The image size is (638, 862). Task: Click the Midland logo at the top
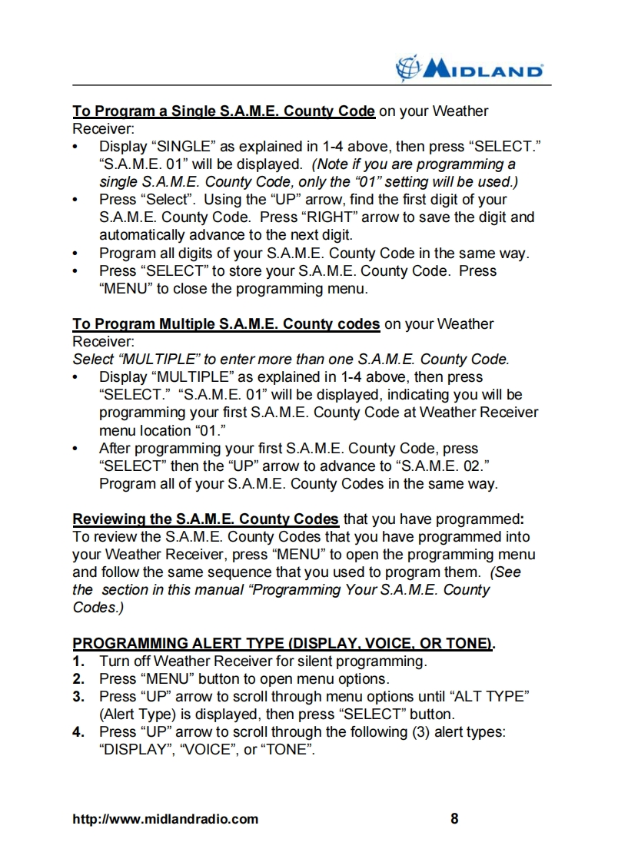[469, 70]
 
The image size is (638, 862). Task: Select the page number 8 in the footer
[454, 818]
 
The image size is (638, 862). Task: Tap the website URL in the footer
[165, 819]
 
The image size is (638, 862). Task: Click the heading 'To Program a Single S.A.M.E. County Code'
[224, 111]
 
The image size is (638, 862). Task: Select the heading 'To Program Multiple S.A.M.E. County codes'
[226, 324]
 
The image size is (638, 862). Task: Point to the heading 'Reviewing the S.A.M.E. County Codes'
[205, 519]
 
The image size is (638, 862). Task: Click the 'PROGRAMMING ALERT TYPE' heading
[283, 644]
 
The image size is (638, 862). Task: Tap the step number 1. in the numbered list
[78, 661]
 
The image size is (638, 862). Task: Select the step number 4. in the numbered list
[78, 732]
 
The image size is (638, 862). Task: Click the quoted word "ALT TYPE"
[490, 697]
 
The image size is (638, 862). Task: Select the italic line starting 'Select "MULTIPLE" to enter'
[291, 360]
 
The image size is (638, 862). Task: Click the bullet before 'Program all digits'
[75, 254]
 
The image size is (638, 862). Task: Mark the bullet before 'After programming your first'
[75, 449]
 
